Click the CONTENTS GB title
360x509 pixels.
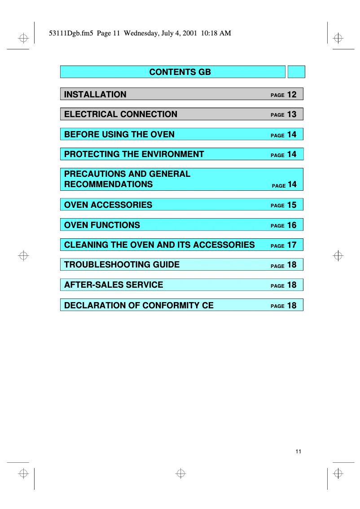(180, 72)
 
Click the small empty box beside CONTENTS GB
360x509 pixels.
(296, 72)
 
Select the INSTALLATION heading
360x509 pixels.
(95, 94)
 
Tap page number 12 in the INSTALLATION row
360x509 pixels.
(292, 94)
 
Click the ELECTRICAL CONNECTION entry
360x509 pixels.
(121, 114)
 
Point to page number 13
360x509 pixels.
(292, 114)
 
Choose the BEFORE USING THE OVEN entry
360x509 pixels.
(119, 134)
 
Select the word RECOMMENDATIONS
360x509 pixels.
(109, 184)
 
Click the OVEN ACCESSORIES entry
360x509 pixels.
(108, 205)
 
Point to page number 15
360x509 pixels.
(292, 205)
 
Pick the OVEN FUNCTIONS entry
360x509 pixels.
(102, 225)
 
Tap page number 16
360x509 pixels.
(292, 225)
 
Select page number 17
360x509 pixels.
(292, 245)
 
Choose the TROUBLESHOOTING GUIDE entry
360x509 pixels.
(122, 264)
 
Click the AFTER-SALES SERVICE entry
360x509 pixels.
(114, 285)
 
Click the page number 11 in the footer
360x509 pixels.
(299, 452)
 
